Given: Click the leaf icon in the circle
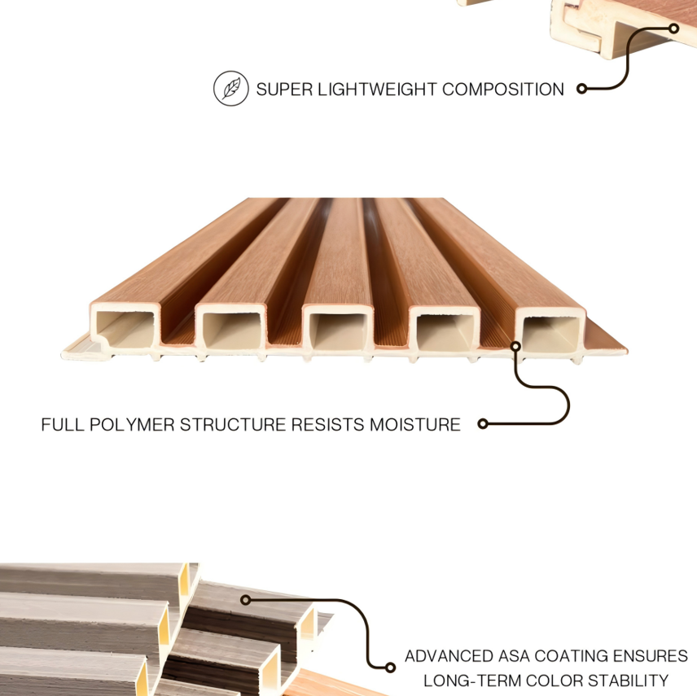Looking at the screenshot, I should pos(230,89).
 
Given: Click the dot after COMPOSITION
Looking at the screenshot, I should pos(581,90).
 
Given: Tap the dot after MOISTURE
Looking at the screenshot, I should pos(482,423).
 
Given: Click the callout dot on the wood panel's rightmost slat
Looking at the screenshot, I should pos(515,345).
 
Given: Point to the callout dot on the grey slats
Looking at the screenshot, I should pos(244,600).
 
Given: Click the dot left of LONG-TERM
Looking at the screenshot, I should pos(392,668).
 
